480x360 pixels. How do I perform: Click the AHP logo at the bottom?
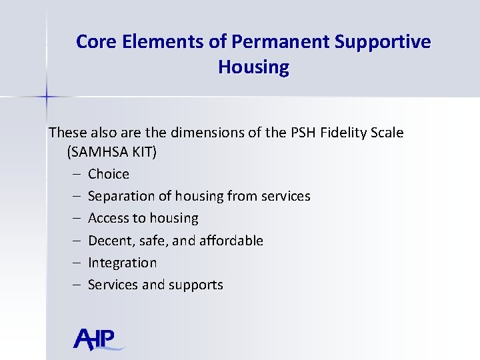click(x=98, y=339)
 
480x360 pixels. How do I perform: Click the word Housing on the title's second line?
click(x=253, y=67)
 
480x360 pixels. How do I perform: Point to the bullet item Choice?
click(x=109, y=174)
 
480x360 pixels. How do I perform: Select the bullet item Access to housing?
click(x=143, y=218)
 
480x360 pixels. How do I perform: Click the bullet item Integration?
click(x=122, y=263)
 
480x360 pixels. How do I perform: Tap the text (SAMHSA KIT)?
click(x=112, y=152)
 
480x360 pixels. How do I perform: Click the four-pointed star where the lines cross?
click(x=47, y=97)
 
